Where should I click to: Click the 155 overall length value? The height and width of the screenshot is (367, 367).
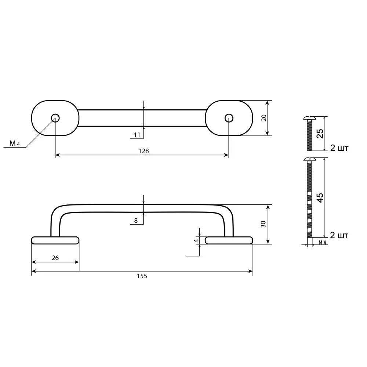tap(142, 276)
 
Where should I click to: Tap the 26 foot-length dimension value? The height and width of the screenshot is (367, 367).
tap(55, 258)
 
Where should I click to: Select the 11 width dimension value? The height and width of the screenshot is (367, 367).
tap(137, 135)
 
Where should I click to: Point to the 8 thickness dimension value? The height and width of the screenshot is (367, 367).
tap(136, 221)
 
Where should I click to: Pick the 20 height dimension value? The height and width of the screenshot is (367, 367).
tap(264, 118)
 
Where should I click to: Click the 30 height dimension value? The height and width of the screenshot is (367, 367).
tap(264, 224)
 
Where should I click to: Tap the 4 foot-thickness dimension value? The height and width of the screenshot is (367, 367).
tap(196, 241)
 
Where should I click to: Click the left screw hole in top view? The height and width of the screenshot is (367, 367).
tap(55, 118)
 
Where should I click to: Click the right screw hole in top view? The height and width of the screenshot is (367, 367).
tap(229, 118)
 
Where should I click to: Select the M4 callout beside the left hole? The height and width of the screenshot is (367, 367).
tap(14, 143)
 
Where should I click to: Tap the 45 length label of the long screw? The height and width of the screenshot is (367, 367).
tap(320, 198)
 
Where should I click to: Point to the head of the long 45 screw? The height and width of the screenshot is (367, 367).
tap(310, 160)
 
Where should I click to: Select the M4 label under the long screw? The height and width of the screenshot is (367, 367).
tap(322, 243)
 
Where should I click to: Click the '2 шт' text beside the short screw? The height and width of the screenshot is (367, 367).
tap(339, 148)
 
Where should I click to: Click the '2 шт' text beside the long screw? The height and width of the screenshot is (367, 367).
tap(339, 235)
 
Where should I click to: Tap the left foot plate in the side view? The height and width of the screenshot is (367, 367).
tap(55, 240)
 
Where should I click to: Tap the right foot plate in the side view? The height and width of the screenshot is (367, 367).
tap(229, 240)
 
